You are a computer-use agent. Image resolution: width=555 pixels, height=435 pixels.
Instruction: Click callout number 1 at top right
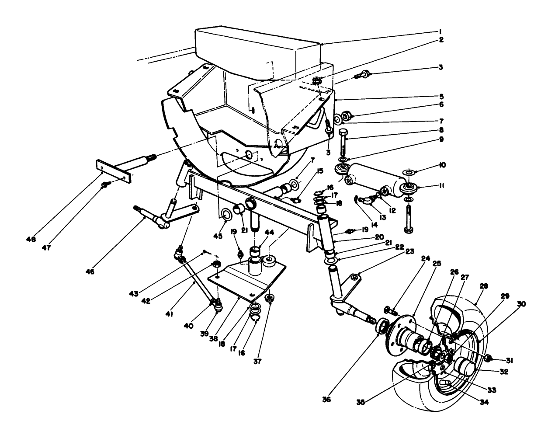[441, 31]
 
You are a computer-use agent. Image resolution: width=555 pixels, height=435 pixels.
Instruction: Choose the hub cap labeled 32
[466, 366]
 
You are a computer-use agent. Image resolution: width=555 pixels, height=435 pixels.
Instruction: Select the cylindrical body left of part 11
[376, 177]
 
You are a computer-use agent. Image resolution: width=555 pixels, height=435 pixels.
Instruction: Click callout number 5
[441, 96]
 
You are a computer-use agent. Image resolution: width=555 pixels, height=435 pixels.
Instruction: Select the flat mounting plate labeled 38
[245, 280]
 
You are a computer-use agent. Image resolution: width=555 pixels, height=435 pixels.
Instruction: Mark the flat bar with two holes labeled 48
[114, 172]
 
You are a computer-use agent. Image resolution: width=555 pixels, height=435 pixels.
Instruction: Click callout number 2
[441, 40]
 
